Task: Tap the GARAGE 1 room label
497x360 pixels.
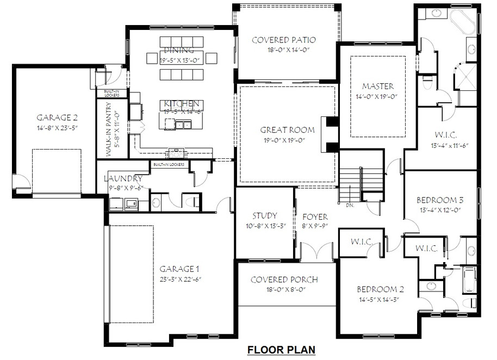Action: [x=179, y=269]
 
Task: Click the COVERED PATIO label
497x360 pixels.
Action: [x=284, y=40]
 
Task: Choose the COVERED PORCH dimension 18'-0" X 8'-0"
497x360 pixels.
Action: [x=284, y=290]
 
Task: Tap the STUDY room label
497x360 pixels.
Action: [x=264, y=216]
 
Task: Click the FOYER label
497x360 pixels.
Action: [x=315, y=216]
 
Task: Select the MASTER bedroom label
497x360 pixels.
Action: [x=378, y=86]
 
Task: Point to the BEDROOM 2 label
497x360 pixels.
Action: [x=378, y=289]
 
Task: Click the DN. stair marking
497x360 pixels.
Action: [x=350, y=206]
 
